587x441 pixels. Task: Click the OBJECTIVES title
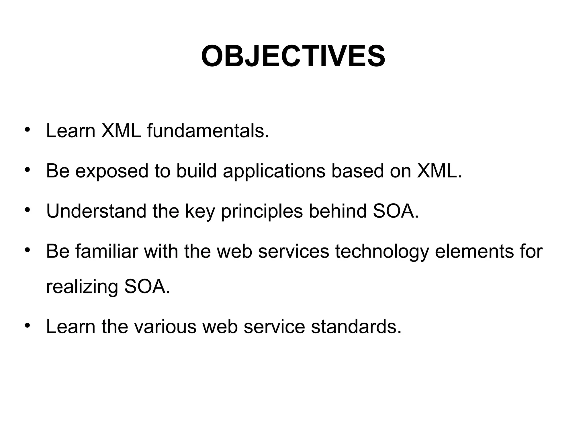point(293,56)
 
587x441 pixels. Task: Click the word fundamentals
point(208,131)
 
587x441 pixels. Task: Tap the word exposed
point(112,171)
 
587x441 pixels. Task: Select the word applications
point(274,171)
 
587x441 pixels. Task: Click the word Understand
point(96,211)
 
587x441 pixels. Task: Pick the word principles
point(262,212)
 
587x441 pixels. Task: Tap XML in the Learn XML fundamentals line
point(121,131)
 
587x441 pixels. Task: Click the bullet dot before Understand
point(27,210)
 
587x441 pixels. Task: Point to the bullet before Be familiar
point(27,250)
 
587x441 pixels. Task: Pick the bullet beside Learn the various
point(27,325)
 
